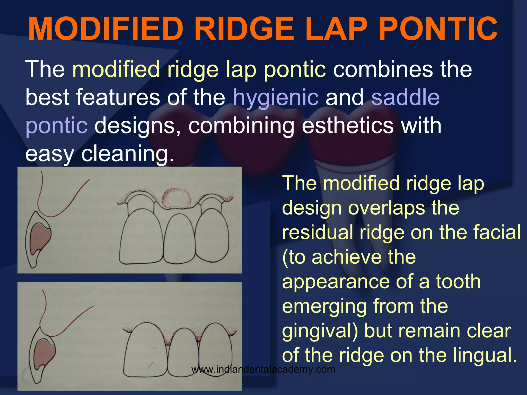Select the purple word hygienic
tap(276, 98)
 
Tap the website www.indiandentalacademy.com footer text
tap(263, 370)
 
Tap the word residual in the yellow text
tap(318, 232)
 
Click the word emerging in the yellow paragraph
tap(324, 307)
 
